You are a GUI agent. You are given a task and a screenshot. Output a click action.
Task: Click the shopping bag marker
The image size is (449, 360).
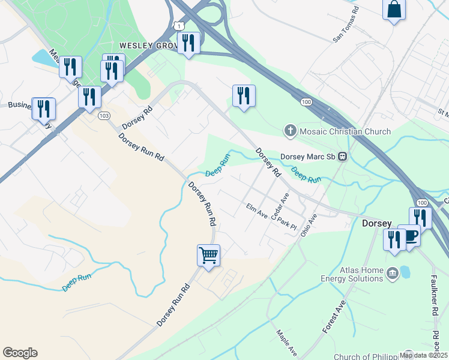(394, 10)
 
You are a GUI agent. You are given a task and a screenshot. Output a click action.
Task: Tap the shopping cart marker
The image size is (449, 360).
(208, 256)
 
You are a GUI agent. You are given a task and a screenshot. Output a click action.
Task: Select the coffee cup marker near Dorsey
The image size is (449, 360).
(409, 236)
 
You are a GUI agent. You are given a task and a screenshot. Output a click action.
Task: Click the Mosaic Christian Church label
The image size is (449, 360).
(345, 131)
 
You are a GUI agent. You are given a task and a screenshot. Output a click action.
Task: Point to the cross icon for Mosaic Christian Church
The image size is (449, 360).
(290, 131)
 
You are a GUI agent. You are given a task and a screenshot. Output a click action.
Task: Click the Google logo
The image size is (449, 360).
(20, 353)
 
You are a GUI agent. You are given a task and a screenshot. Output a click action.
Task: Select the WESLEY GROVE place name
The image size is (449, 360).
(148, 45)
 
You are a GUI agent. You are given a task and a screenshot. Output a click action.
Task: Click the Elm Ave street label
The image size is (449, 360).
(257, 211)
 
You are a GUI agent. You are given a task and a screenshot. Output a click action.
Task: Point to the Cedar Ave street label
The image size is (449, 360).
(280, 206)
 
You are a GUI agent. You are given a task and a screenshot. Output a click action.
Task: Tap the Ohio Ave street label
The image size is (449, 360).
(308, 224)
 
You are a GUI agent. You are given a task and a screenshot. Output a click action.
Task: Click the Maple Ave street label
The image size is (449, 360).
(287, 342)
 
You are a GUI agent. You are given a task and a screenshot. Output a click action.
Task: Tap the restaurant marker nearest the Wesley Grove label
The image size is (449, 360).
(189, 43)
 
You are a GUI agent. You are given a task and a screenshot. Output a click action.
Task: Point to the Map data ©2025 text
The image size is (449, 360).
(423, 355)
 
